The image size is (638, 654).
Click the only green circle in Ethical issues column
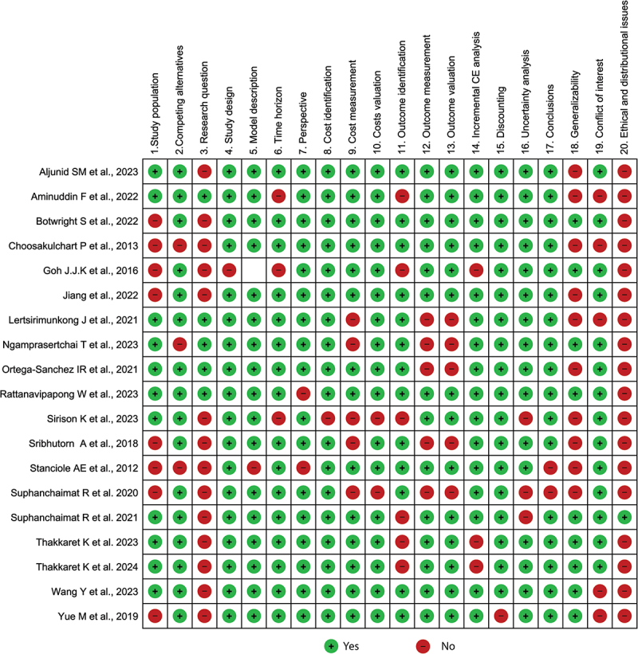point(624,517)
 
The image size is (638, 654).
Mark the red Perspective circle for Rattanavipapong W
point(303,394)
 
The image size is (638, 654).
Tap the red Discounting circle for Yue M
point(501,616)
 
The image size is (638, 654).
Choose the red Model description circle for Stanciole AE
point(254,468)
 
